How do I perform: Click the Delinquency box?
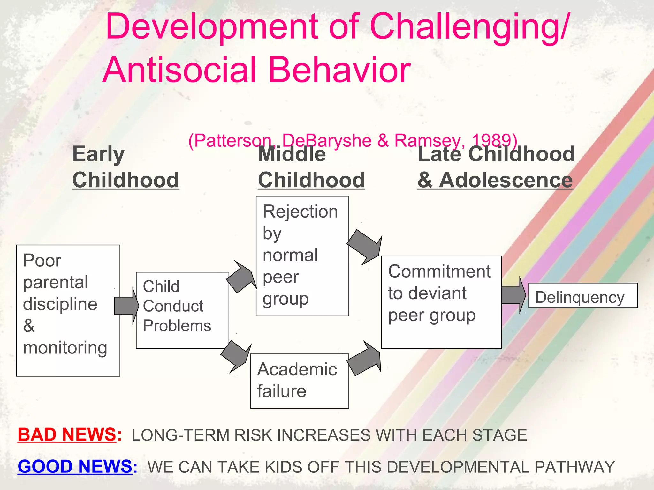(x=582, y=295)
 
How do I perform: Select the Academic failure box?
(x=299, y=381)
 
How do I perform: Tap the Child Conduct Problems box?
(x=182, y=310)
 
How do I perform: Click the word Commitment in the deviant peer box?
(x=439, y=271)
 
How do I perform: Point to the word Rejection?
(x=300, y=212)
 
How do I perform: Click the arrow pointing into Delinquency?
(x=513, y=295)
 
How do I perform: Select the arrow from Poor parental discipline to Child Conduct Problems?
(x=126, y=306)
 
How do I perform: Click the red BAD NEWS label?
(x=67, y=434)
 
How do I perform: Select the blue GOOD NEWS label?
(x=75, y=466)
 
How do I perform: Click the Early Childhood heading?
(x=125, y=167)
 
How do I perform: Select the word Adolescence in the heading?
(x=506, y=180)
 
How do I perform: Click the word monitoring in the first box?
(x=65, y=348)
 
